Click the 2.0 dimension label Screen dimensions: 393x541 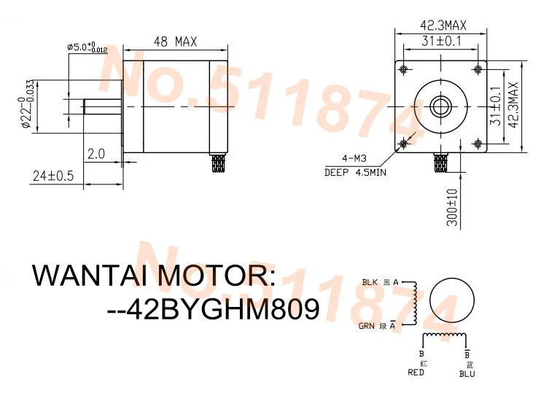click(96, 154)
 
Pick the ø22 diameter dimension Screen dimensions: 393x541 click(27, 106)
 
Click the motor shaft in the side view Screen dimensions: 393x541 click(102, 106)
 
